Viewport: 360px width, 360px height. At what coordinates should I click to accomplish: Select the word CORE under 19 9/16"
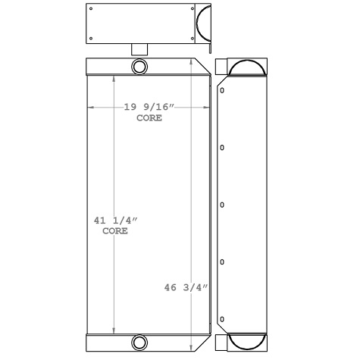[150, 118]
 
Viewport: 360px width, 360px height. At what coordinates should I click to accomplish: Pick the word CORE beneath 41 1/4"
[115, 231]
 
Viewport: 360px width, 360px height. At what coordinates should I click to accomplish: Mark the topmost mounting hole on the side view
[221, 89]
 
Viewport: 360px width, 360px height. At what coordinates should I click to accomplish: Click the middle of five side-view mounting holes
[221, 205]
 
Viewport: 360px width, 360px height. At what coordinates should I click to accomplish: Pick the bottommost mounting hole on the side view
[221, 319]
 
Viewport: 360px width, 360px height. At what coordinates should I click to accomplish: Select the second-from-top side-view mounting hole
[221, 147]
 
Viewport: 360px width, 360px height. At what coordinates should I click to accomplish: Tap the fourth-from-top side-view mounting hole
[221, 262]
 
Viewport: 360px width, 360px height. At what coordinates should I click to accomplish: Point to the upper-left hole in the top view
[90, 10]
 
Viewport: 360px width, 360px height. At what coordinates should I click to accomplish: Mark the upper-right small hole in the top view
[183, 10]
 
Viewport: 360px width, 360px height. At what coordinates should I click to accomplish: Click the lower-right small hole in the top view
[183, 37]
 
